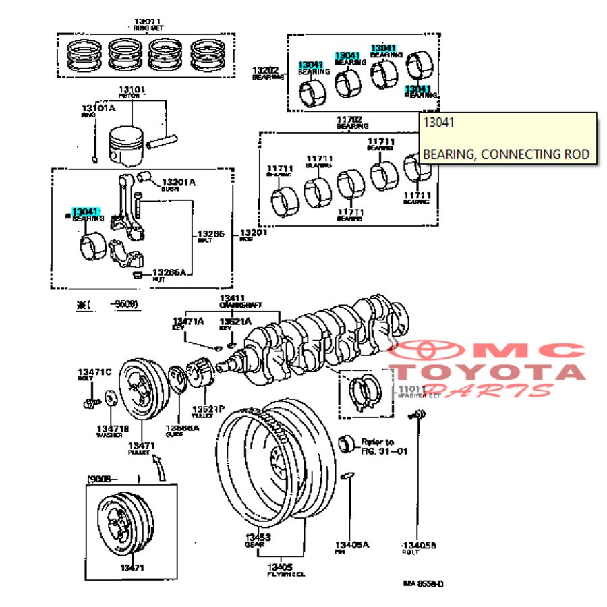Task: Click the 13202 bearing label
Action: coord(265,70)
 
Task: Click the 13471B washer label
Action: coord(112,429)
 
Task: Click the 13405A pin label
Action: coord(353,545)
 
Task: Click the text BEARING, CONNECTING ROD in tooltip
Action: coord(506,154)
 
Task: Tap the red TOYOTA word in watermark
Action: coord(489,372)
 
